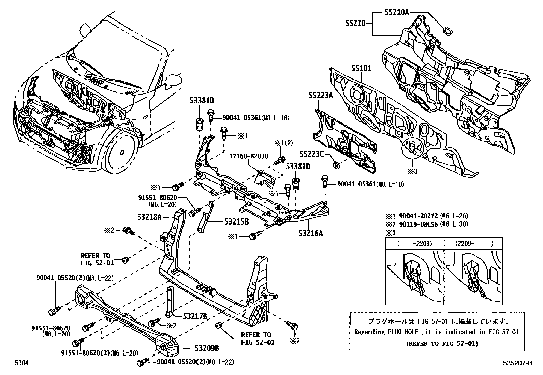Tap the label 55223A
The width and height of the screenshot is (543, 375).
tap(321, 95)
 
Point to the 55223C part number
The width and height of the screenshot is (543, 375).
tap(311, 154)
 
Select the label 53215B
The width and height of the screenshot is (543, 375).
tap(236, 222)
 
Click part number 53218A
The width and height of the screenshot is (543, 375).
tap(150, 216)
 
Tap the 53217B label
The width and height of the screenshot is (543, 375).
tap(195, 316)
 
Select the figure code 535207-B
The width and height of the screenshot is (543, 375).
tap(518, 364)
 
